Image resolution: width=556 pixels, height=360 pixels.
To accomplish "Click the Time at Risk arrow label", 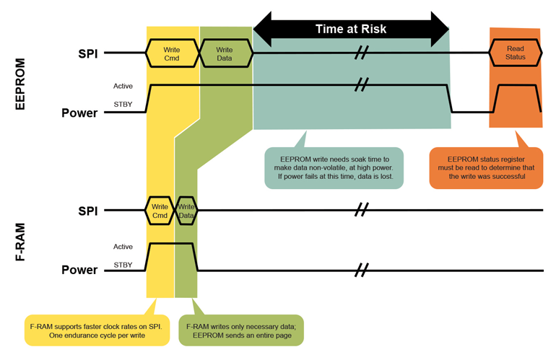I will pos(351,29).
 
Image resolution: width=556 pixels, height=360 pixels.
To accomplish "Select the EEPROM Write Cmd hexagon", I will pos(172,53).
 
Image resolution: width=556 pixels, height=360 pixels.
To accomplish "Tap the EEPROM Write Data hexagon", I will pos(225,53).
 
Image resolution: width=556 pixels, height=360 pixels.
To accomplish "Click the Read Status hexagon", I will pos(516,53).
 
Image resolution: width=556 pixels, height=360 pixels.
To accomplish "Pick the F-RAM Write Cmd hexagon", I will pos(160,211).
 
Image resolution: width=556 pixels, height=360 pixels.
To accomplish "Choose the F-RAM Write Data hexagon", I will pos(186,211).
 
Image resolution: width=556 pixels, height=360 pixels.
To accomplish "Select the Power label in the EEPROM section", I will pos(79,113).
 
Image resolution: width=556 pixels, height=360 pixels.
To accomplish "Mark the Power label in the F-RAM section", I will pos(79,270).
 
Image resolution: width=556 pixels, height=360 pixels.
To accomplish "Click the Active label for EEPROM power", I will pos(123,87).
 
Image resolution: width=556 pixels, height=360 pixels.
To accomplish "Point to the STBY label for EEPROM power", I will pos(123,105).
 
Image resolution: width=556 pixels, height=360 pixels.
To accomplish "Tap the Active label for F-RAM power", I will pos(123,247).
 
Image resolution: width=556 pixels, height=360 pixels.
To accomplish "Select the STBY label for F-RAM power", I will pos(123,265).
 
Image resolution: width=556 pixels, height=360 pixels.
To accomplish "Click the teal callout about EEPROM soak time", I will pos(334,168).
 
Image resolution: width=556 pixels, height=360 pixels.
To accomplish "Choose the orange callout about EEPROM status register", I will pos(486,168).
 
